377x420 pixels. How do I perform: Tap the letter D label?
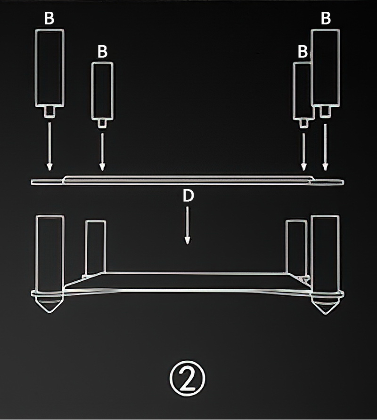tap(188, 196)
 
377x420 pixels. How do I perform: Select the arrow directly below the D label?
tap(188, 225)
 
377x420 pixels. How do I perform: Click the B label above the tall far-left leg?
tap(49, 18)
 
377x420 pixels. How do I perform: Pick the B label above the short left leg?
tap(102, 51)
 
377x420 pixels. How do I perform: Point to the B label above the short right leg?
tap(303, 51)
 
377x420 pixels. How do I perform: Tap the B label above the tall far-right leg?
tap(326, 18)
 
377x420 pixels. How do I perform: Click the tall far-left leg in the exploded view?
tap(49, 68)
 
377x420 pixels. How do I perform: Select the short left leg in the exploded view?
tap(102, 91)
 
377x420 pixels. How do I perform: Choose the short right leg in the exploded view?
tap(302, 91)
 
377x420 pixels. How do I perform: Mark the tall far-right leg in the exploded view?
tap(326, 68)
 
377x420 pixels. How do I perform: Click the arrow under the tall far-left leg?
tap(49, 147)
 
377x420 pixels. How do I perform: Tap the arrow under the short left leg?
tap(102, 152)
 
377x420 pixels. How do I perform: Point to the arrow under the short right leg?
tap(304, 152)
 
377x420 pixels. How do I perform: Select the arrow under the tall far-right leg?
tap(325, 147)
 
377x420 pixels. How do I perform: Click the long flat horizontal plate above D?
tap(187, 181)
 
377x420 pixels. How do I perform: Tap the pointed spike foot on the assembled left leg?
tap(49, 304)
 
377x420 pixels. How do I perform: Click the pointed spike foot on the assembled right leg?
tap(326, 305)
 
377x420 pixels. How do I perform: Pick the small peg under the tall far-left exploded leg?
tap(49, 111)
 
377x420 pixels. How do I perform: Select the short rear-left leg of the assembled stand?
tap(96, 247)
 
